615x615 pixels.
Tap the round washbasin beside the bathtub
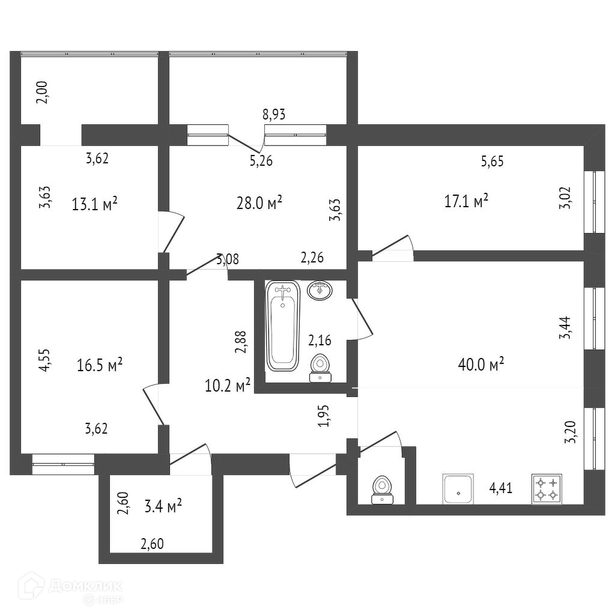(x=321, y=290)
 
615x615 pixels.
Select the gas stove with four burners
(x=547, y=489)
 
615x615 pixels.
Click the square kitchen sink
(x=458, y=489)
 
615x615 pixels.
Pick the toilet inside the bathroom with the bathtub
(x=320, y=368)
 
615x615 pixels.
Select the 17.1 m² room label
(x=465, y=201)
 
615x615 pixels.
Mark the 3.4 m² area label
(x=163, y=507)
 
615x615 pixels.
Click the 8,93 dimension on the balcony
(x=274, y=115)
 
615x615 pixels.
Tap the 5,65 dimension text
(x=492, y=160)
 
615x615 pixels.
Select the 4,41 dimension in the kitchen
(x=501, y=488)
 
